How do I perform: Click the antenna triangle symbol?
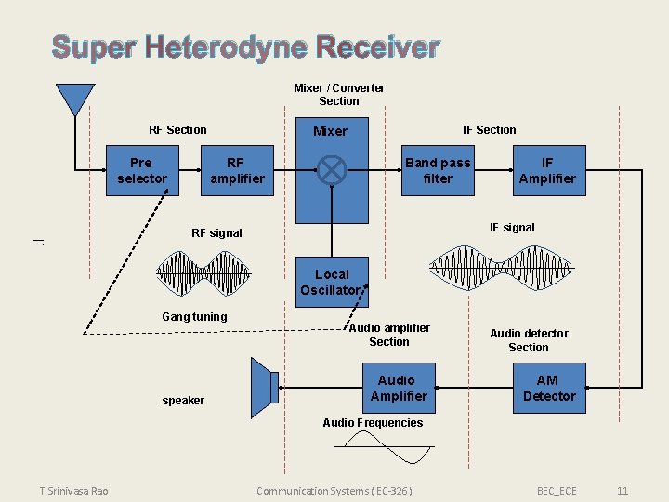pos(74,98)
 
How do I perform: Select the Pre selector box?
pos(142,170)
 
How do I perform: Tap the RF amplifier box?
pos(237,170)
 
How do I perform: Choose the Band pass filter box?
pos(437,170)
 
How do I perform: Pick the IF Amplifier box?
pos(547,170)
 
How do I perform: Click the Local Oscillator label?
pos(332,283)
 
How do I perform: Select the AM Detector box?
pos(548,388)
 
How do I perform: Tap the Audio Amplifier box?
pos(399,388)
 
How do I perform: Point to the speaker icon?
pos(265,386)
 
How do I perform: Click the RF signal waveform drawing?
pos(203,272)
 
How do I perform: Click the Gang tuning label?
pos(194,317)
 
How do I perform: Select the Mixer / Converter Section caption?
pos(339,94)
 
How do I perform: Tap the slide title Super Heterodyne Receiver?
pos(245,46)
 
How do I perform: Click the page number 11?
pos(623,490)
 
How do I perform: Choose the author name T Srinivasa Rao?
pos(73,490)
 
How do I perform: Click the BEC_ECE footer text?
pos(557,490)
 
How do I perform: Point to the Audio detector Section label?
pos(529,340)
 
